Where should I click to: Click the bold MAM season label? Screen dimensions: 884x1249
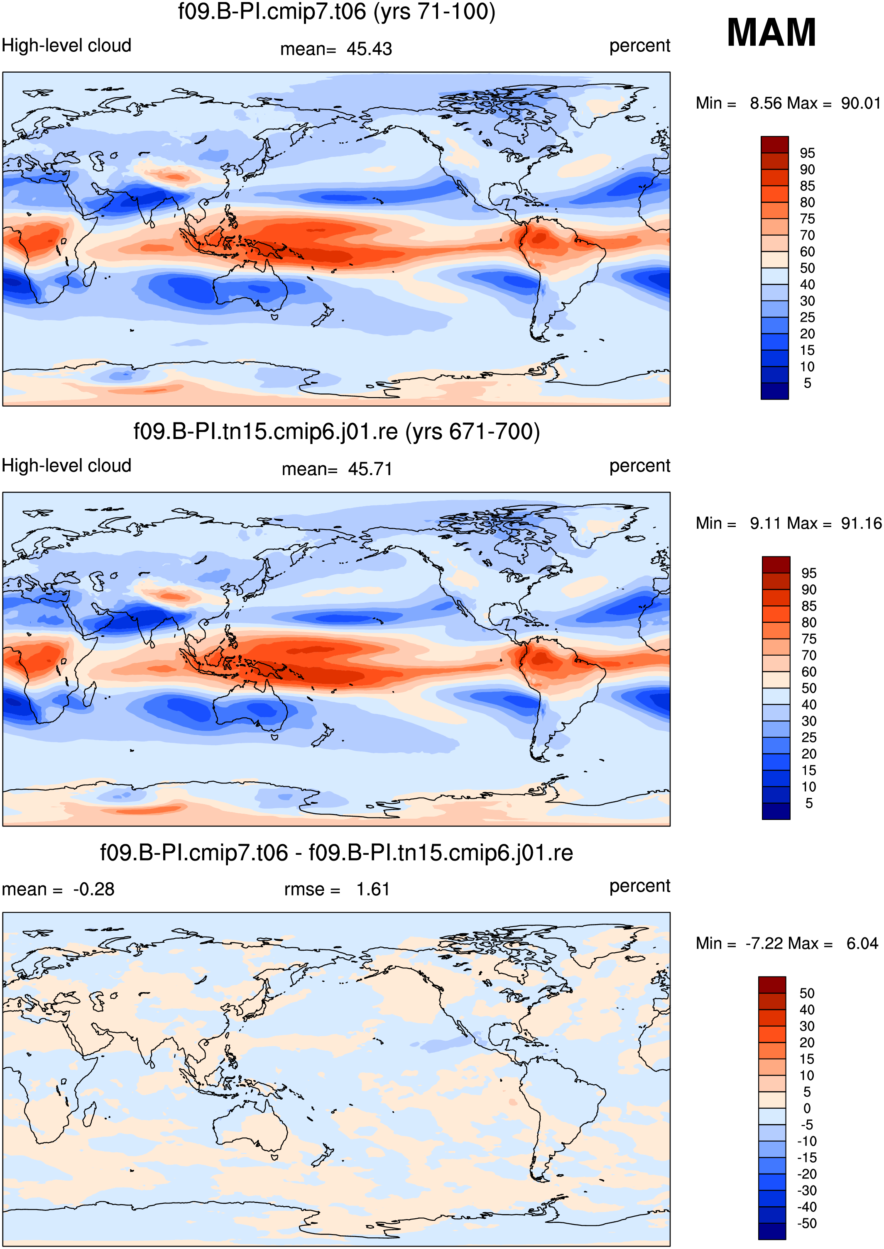click(771, 33)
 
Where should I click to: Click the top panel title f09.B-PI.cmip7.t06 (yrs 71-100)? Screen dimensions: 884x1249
click(337, 12)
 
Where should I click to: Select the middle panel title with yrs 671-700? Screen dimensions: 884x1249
click(337, 432)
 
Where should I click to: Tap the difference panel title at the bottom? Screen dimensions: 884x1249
click(336, 852)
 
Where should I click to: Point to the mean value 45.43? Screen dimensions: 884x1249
click(369, 49)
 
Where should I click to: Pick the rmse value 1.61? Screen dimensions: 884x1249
click(373, 889)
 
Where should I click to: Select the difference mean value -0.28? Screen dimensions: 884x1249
click(93, 889)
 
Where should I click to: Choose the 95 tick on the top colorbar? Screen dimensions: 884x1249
click(807, 153)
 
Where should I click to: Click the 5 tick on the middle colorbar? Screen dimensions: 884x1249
click(809, 803)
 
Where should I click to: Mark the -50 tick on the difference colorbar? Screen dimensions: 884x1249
click(806, 1223)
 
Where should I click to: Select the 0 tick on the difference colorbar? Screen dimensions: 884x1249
click(807, 1108)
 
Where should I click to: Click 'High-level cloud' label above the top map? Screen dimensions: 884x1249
click(66, 46)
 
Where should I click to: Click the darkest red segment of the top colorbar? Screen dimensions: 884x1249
click(774, 145)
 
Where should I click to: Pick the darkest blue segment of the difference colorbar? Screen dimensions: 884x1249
click(772, 1231)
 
